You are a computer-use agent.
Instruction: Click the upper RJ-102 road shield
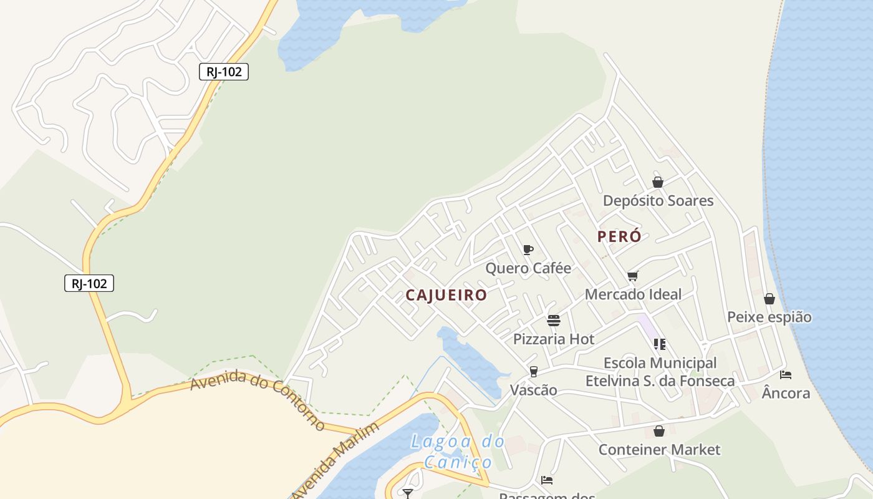224,72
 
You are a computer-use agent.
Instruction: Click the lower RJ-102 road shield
89,284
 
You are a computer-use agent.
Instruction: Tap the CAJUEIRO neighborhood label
446,295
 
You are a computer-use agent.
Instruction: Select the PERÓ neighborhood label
619,236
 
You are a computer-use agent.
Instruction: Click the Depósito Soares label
658,201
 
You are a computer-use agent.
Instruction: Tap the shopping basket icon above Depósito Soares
658,182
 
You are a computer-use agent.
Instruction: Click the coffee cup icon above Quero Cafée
528,250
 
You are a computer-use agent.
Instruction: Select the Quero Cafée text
528,268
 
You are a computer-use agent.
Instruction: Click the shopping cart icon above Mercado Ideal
633,276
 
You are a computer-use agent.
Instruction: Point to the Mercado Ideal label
633,294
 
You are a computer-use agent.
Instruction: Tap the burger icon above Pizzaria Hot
554,321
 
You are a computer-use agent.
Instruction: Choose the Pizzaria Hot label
554,339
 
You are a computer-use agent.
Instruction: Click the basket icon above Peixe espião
769,299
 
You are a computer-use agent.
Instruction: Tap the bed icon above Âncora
786,375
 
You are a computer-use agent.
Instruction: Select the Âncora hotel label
786,393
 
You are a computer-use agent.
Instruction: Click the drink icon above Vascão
533,372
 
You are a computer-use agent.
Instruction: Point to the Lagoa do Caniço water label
458,452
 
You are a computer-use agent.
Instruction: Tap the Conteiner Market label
659,450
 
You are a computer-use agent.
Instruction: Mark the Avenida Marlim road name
335,460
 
